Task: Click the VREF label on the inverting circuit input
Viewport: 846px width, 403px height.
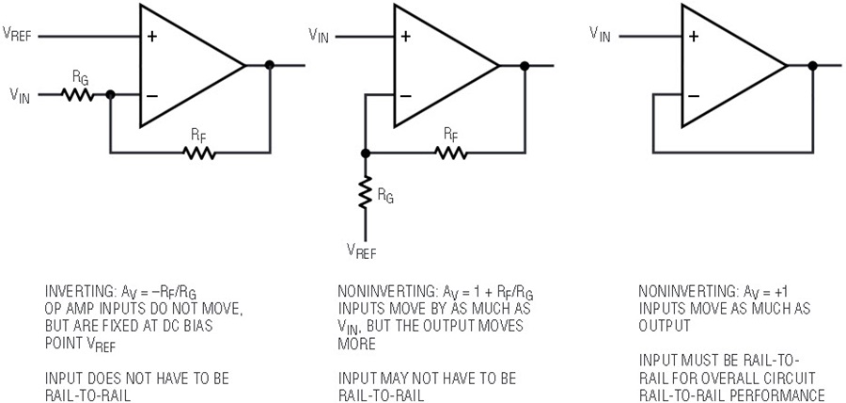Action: (x=17, y=35)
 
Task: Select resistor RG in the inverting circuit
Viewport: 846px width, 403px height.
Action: (x=78, y=95)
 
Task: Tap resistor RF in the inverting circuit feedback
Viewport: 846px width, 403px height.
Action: (x=199, y=153)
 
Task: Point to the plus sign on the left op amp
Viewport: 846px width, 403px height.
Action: (x=152, y=37)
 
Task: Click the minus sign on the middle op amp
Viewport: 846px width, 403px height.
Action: (x=406, y=96)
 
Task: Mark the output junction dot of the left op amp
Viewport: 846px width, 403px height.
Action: (x=270, y=65)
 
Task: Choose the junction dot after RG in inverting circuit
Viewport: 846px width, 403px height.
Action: (x=111, y=95)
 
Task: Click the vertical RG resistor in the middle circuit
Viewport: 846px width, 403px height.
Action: (x=366, y=192)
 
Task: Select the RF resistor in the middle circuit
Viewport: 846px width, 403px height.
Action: (x=451, y=153)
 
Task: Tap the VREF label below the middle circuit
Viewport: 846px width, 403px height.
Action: (x=362, y=250)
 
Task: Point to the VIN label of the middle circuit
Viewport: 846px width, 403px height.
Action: (x=319, y=35)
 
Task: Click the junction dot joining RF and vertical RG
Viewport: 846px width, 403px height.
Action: (x=366, y=153)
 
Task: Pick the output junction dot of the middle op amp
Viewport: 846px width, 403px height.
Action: (x=524, y=66)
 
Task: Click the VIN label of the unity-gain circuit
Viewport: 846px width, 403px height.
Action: (x=600, y=35)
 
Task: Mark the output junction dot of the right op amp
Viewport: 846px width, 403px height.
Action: (x=812, y=65)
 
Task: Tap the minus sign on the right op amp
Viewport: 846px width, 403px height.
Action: (x=694, y=96)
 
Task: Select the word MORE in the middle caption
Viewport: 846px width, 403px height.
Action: (x=356, y=344)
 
